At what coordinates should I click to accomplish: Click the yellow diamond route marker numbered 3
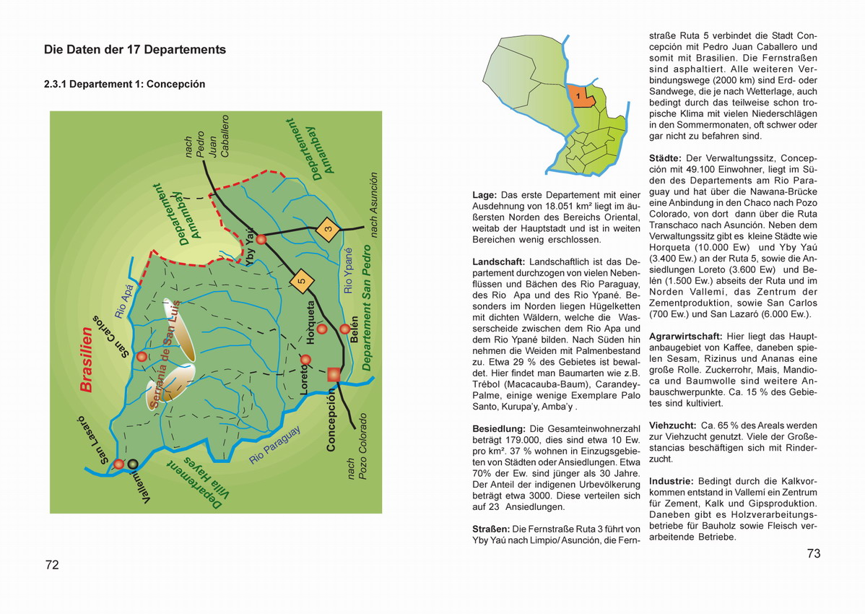327,230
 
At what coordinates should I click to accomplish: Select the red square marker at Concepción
333,373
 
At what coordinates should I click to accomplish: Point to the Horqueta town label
311,321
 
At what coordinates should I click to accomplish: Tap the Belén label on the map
354,329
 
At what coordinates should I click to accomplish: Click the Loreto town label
304,379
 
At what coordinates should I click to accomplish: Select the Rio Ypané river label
349,271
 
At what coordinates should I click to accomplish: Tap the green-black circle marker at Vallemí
133,464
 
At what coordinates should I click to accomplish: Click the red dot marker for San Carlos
142,356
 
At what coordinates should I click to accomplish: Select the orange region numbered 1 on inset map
579,97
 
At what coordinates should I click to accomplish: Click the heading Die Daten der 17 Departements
135,50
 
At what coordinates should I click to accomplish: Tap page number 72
52,565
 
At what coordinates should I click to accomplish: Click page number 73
814,554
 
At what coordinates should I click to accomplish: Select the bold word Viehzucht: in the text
672,425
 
